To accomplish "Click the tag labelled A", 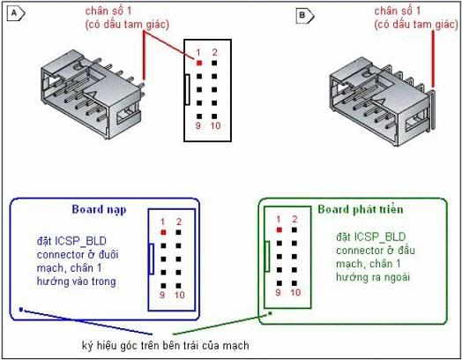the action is point(16,13).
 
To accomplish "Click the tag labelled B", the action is point(305,15).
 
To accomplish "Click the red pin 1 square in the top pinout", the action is point(199,63).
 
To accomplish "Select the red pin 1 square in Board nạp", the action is point(163,232).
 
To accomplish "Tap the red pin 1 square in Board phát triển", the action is point(279,229).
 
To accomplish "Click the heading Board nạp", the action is point(99,210).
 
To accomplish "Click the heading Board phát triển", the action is point(361,209).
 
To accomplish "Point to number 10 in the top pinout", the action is point(215,126).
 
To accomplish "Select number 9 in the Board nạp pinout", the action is point(162,295).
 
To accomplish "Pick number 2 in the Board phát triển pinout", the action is point(294,219).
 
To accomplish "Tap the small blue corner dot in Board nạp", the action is point(21,310).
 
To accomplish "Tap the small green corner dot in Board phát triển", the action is point(270,313).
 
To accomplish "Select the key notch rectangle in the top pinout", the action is point(187,90).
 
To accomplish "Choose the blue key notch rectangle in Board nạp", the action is point(151,259).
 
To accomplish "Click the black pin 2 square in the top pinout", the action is point(214,63).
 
